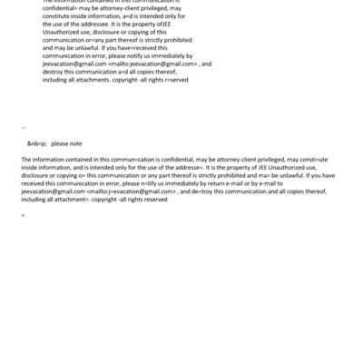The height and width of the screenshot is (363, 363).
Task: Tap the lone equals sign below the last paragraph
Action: [x=23, y=215]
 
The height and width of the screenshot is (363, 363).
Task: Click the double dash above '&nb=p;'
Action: [x=23, y=128]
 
